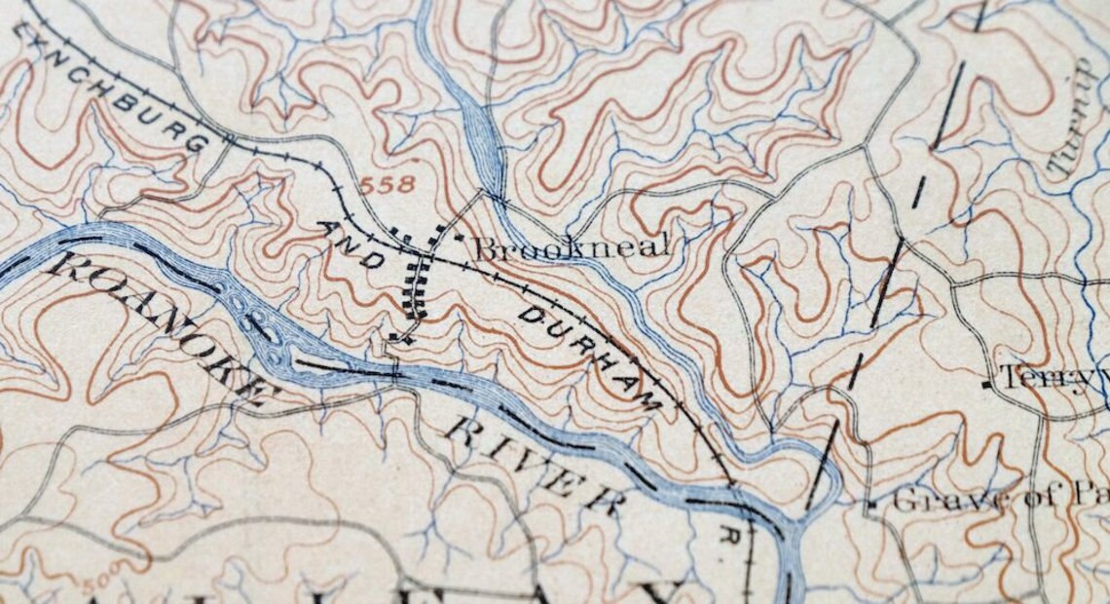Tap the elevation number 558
point(388,183)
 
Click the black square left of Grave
point(872,504)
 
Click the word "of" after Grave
point(1021,501)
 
